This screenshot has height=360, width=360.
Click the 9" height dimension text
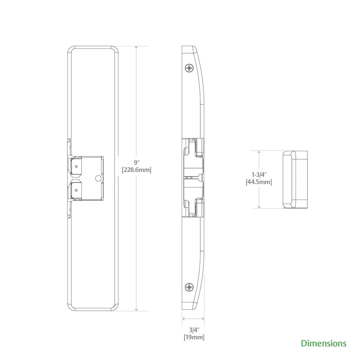pyautogui.click(x=137, y=162)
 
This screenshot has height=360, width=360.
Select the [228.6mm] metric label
pyautogui.click(x=136, y=170)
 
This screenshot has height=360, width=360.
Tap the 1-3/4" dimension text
pyautogui.click(x=259, y=175)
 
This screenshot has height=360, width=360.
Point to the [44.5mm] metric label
pyautogui.click(x=259, y=182)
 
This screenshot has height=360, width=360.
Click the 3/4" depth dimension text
pyautogui.click(x=194, y=330)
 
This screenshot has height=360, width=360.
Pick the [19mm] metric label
pyautogui.click(x=194, y=337)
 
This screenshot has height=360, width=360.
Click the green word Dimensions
pyautogui.click(x=323, y=343)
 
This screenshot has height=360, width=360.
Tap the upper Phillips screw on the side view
pyautogui.click(x=190, y=68)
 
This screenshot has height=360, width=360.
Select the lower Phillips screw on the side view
pyautogui.click(x=190, y=288)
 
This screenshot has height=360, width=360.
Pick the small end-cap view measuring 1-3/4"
pyautogui.click(x=295, y=180)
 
